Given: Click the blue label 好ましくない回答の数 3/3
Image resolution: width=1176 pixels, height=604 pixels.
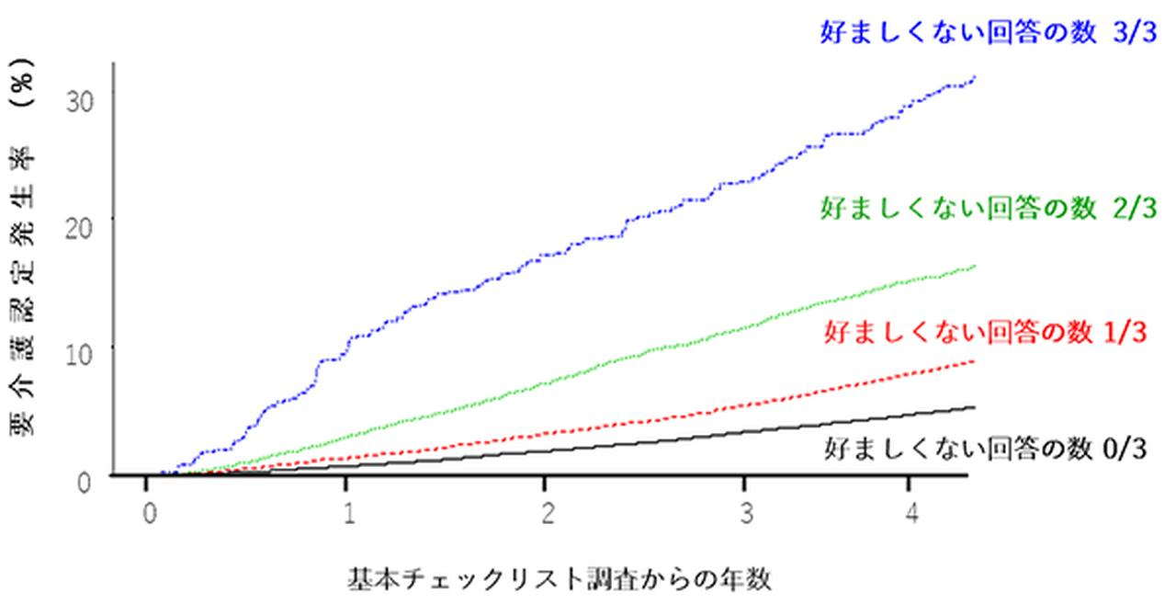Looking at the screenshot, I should pos(989,33).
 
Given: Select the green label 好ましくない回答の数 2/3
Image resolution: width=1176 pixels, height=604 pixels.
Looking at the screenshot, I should pos(988,207).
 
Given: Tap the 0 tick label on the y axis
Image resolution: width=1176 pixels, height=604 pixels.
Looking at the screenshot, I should pos(85,478).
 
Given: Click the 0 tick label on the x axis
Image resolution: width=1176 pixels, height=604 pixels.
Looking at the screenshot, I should pos(148,511).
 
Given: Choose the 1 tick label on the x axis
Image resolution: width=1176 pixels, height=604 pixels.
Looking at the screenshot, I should pos(347,511).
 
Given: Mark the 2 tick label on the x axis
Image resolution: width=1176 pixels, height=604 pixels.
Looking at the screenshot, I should pos(547,511).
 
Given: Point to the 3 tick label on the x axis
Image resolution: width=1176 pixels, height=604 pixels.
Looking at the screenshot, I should pos(746,511).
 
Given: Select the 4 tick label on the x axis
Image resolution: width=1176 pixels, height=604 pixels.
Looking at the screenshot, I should pos(910,511).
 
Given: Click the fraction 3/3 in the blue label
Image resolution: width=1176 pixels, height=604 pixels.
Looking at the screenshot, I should pos(1130,33).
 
